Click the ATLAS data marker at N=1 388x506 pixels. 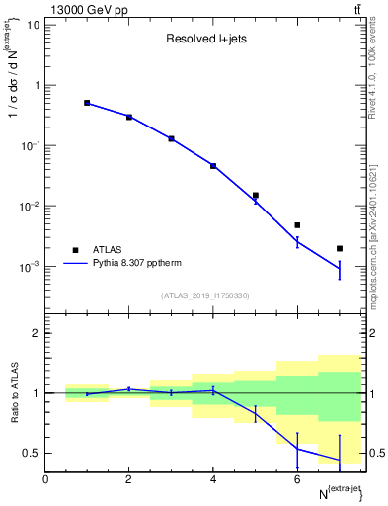pos(87,103)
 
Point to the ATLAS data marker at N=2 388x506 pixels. pos(129,117)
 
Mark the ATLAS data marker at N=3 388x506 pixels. pos(171,139)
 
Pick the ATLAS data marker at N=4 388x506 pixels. pos(213,166)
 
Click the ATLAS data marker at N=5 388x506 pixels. pos(256,196)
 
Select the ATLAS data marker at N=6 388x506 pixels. pos(297,225)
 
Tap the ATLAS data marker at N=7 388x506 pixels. pos(340,249)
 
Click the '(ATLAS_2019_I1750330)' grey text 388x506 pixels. pos(206,295)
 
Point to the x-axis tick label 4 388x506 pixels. pos(213,479)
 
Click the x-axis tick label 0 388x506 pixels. pos(45,479)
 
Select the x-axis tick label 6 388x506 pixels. pos(297,479)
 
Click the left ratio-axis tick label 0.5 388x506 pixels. pos(32,454)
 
